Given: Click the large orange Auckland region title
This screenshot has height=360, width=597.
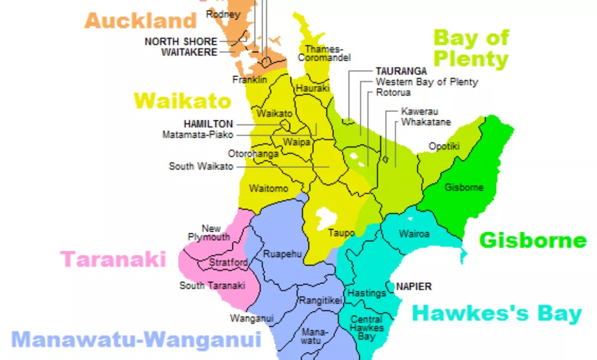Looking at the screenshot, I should point(141,21).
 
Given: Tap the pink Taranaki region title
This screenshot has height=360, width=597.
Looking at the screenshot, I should point(113,259).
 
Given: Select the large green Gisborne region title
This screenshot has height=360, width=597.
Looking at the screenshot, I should point(533,241).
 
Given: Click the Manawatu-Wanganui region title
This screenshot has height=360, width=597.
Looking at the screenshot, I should point(136,340).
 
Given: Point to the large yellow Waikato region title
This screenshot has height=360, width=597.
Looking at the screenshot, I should point(183,101).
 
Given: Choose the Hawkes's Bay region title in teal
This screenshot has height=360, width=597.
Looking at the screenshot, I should point(497,314).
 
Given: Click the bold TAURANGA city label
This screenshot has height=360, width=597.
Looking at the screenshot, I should point(401,72).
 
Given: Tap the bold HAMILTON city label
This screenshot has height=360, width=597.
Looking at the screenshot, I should point(208,124).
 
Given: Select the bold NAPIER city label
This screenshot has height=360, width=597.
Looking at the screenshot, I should point(414,286).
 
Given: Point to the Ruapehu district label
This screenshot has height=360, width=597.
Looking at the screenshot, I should point(283,254).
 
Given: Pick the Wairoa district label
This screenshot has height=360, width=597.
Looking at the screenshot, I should point(414,234).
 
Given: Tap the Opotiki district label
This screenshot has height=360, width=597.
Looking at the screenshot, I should point(444,146).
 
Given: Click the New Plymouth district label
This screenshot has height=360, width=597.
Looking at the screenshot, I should point(209,233).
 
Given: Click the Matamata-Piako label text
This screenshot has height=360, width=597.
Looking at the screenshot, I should point(198,135).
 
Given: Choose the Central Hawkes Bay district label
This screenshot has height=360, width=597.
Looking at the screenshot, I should point(367,328).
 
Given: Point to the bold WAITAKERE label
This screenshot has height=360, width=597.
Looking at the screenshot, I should point(189,52).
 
